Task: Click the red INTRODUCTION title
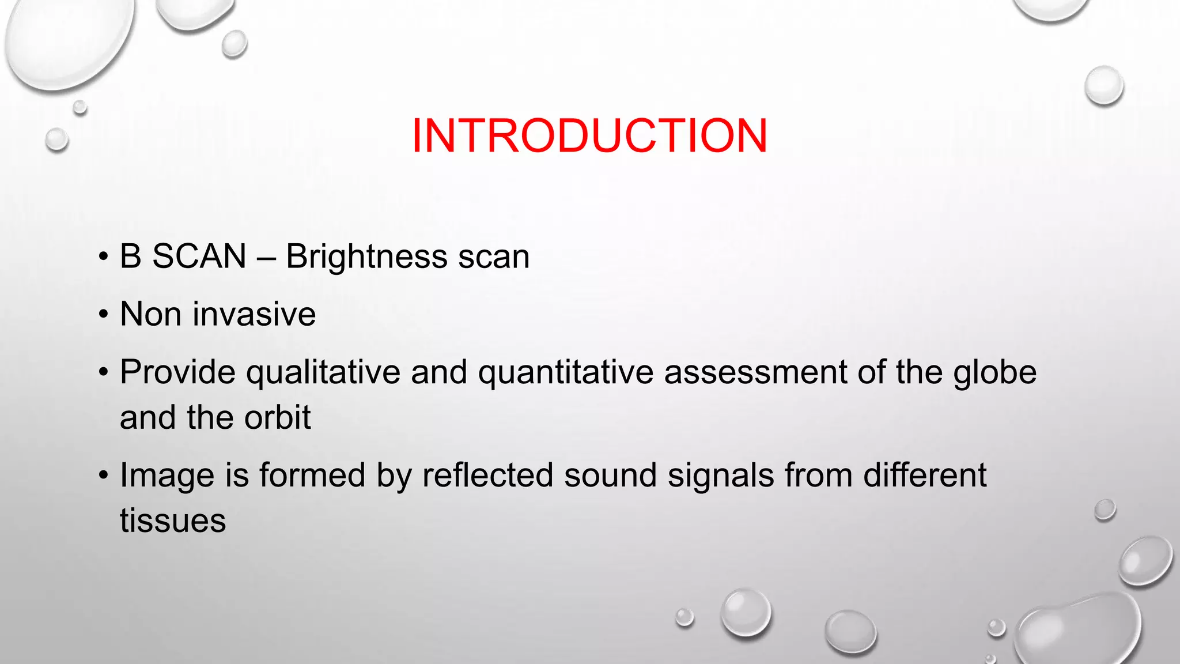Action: pos(589,135)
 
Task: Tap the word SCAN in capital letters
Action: pos(199,256)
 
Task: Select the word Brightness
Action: pos(366,256)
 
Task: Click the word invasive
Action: pos(254,314)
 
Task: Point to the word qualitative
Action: pos(323,372)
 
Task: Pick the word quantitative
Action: pos(565,372)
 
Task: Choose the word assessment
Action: pos(755,372)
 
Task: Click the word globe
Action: pos(994,372)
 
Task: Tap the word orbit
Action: pos(277,417)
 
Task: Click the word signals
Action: pos(720,476)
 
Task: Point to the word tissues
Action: pos(173,521)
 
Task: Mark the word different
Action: pos(925,476)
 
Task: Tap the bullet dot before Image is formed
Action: pos(103,476)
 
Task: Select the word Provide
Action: pos(177,372)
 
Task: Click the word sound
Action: pos(610,476)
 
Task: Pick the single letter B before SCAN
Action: pos(130,256)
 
